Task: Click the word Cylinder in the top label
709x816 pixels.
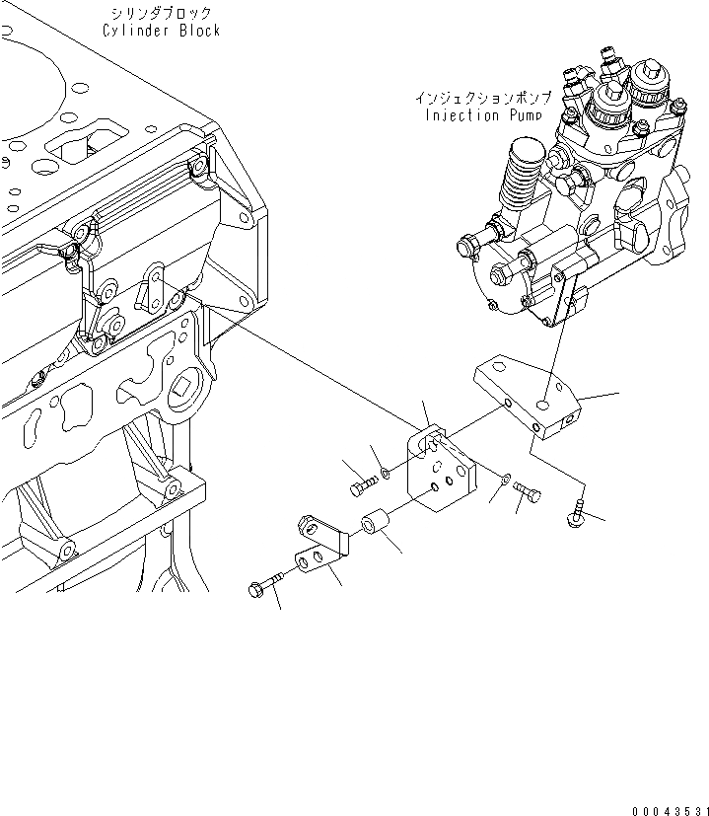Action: [135, 31]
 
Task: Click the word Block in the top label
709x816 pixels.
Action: [197, 31]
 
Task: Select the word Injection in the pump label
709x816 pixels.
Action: [461, 114]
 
